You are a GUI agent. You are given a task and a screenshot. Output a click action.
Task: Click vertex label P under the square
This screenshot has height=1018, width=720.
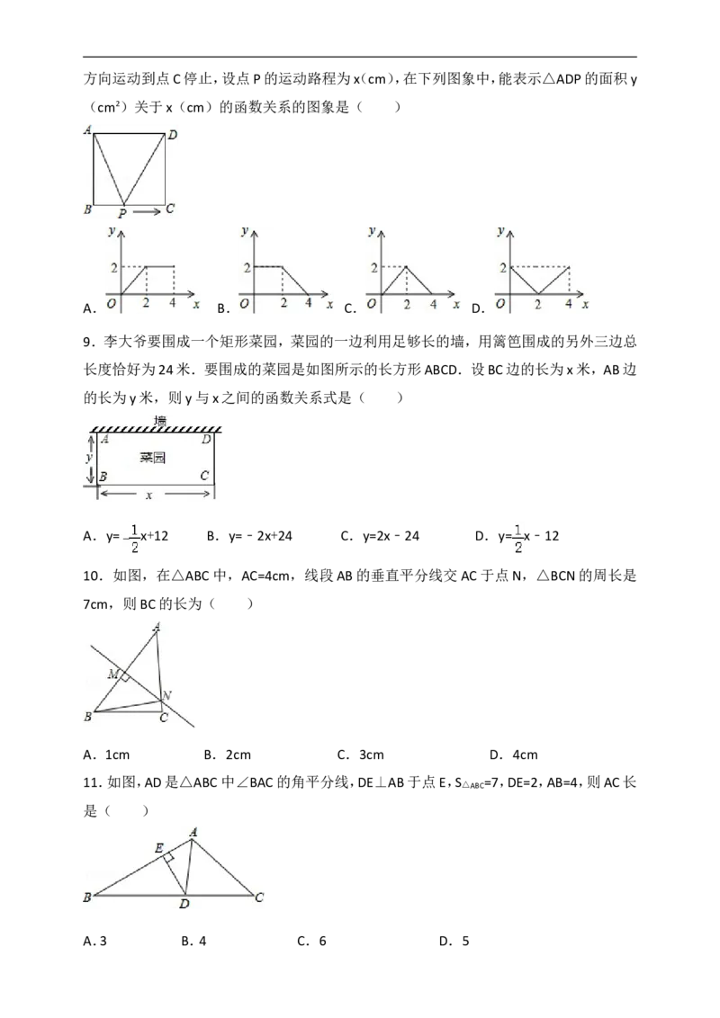coord(122,213)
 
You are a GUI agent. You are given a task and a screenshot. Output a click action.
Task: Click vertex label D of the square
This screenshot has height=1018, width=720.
coord(173,135)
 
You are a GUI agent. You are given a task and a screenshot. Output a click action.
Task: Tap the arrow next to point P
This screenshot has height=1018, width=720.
coord(147,211)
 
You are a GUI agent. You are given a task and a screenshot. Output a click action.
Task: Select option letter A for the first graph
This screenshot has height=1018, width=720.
coord(90,309)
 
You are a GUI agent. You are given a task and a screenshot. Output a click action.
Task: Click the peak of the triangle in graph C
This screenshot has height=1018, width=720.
coord(406,266)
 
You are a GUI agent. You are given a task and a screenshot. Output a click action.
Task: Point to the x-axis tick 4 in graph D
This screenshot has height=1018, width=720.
coord(569,304)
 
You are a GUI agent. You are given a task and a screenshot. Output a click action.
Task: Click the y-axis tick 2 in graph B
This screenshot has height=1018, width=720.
coord(247,267)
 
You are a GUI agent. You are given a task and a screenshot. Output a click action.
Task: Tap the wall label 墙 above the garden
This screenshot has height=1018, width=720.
coord(160,422)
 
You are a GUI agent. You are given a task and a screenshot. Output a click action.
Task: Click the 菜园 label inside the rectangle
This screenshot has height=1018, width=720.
coord(153,458)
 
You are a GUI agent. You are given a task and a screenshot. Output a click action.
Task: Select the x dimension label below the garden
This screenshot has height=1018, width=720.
coord(148,496)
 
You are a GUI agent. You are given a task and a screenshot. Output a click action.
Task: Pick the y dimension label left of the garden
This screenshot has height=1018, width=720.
coord(90,458)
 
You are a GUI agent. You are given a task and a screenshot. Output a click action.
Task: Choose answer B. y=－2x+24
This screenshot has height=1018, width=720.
coord(249,536)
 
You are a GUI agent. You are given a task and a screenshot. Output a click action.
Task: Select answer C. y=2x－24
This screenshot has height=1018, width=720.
coord(380,536)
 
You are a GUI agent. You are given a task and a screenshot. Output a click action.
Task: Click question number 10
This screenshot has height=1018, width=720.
coord(93,576)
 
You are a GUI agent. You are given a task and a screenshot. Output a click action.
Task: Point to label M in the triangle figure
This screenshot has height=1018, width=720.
coord(113,674)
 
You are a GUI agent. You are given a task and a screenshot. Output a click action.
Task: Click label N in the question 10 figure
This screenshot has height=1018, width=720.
coord(167,696)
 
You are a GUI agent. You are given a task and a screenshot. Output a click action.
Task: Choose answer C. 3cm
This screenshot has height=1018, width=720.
coord(361,755)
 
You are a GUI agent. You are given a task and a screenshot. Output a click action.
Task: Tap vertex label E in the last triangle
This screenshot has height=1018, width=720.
coord(158,848)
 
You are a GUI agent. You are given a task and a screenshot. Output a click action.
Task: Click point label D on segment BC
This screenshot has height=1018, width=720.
coord(184,904)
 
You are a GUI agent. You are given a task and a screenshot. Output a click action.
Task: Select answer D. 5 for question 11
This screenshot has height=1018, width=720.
coord(454,942)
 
